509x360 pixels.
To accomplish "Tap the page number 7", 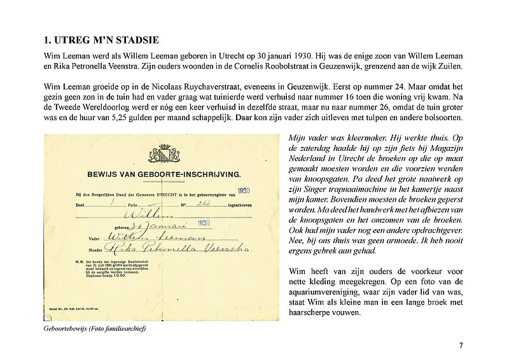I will click(460, 345).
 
